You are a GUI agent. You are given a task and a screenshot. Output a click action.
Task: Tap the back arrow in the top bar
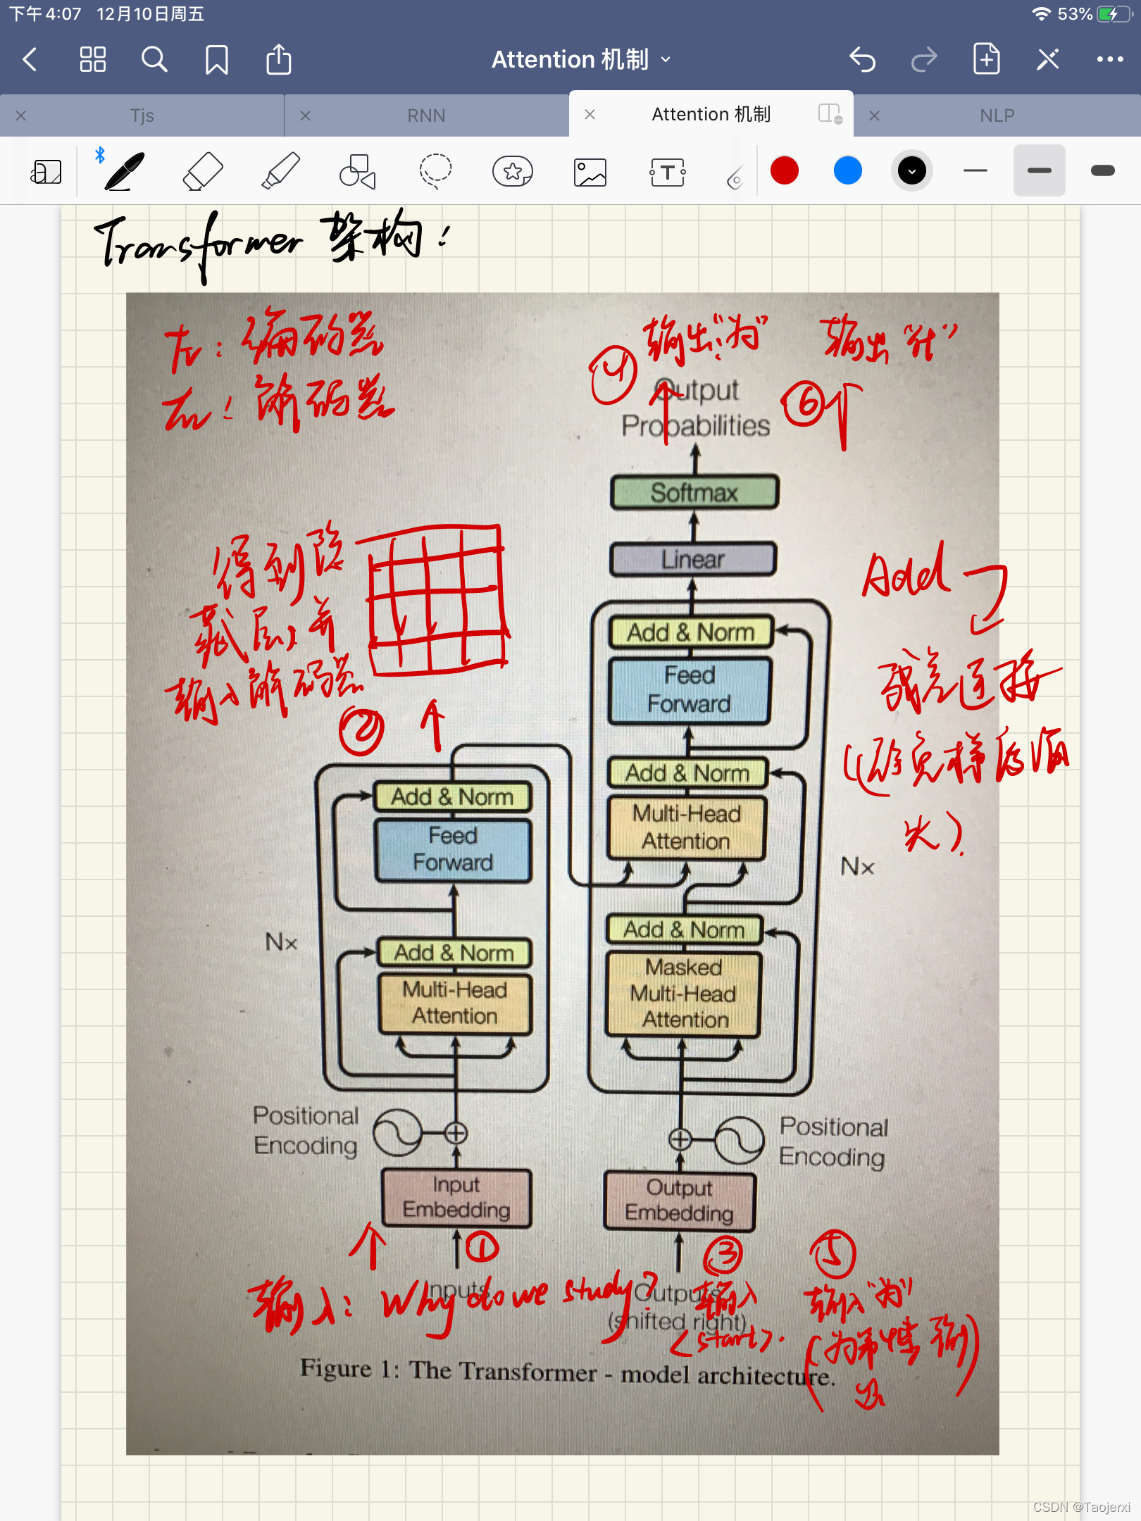(x=30, y=60)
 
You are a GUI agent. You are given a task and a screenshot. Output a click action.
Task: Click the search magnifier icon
(x=154, y=60)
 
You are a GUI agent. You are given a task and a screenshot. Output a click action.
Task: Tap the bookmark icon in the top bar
(x=216, y=60)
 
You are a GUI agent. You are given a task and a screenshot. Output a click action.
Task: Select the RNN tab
(x=425, y=115)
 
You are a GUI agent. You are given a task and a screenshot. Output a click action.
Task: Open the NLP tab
(x=997, y=115)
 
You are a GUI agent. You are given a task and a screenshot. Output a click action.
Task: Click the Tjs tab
(x=142, y=115)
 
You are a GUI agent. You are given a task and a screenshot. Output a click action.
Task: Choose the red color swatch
(x=785, y=171)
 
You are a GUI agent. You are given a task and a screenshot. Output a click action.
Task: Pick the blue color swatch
(x=848, y=171)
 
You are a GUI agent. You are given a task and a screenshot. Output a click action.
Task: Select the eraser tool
(x=203, y=171)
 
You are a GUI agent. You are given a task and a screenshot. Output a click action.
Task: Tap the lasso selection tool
(x=435, y=171)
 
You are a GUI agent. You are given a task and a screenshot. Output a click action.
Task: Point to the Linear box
(x=693, y=560)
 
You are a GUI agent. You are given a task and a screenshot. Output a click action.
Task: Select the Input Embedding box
(x=456, y=1198)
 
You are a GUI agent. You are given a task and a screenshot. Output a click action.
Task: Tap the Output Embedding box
(x=680, y=1201)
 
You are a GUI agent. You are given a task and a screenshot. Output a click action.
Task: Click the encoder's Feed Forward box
(x=454, y=850)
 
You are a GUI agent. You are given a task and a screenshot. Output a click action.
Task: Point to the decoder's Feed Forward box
(x=690, y=690)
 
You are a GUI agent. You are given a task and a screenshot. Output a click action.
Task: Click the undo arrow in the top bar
(x=862, y=60)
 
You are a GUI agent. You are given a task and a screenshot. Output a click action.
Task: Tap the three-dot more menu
(x=1109, y=60)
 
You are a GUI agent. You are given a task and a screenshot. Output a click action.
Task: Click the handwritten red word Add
(x=906, y=574)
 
